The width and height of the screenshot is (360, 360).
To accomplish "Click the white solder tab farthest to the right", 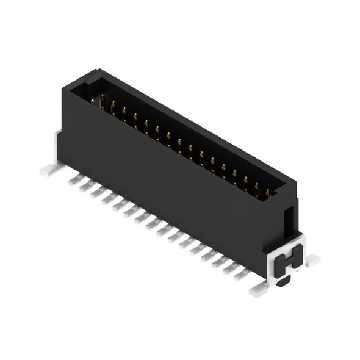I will [x=312, y=261].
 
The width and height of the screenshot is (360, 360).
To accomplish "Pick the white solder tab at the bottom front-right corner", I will [x=256, y=291].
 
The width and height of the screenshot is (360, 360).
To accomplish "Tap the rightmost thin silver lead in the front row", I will [x=241, y=273].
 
